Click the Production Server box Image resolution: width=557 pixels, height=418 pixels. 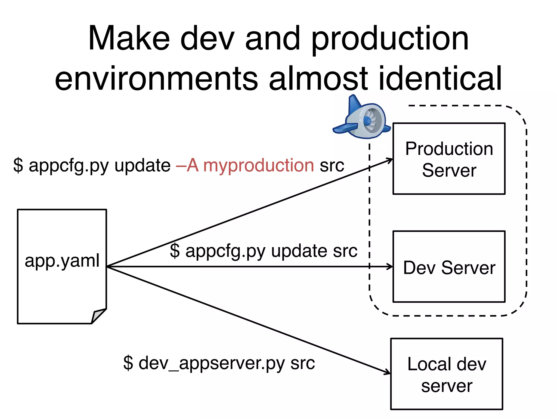(x=449, y=159)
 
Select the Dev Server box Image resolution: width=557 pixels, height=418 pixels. (x=449, y=267)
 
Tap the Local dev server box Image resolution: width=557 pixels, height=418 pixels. (x=447, y=374)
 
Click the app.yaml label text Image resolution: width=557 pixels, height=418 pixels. (x=62, y=261)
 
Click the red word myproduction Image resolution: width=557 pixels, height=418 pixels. (x=258, y=165)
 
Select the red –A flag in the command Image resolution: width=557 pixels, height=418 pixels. (x=187, y=165)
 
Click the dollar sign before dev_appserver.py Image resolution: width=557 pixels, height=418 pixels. (x=128, y=363)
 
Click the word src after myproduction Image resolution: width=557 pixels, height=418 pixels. (x=332, y=165)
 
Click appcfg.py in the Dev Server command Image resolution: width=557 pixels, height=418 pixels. (x=225, y=251)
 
